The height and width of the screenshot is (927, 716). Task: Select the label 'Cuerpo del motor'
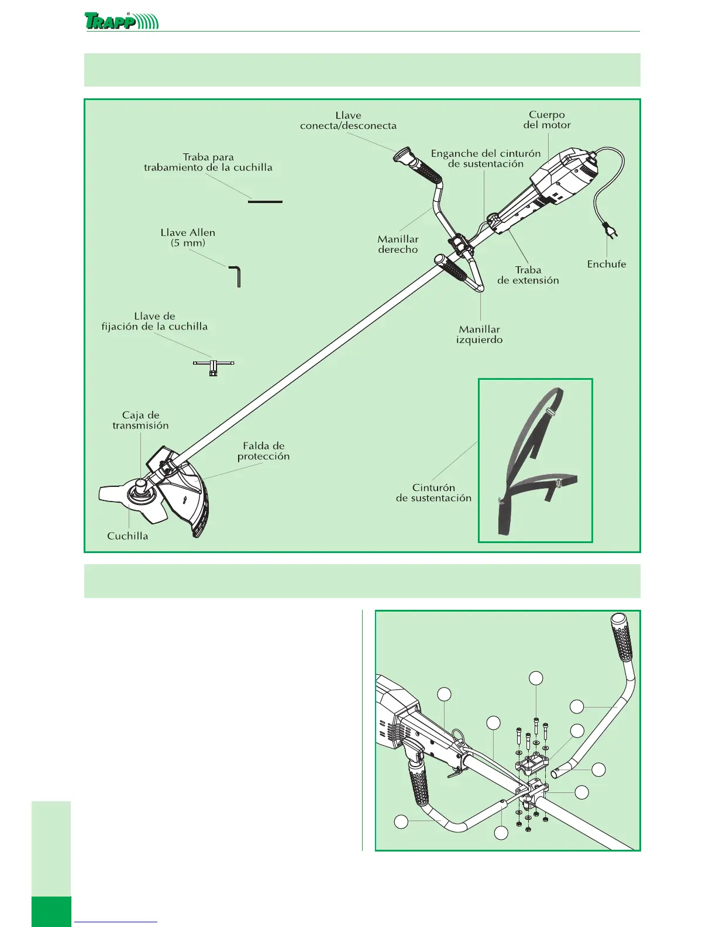[x=547, y=120]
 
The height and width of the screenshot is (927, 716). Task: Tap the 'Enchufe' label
[x=606, y=265]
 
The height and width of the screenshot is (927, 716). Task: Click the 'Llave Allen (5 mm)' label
[x=188, y=238]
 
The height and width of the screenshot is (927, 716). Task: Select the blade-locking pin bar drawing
[x=265, y=202]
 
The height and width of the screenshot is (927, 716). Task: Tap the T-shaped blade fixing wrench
[x=213, y=366]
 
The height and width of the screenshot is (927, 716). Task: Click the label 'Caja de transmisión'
[x=140, y=421]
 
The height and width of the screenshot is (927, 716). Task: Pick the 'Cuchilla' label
[x=128, y=536]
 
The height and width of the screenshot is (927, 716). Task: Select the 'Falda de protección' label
[x=263, y=451]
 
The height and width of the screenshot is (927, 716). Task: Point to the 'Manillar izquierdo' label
[x=479, y=335]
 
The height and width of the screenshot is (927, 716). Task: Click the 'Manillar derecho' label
[x=398, y=244]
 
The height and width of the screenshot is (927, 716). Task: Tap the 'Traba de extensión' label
[x=528, y=275]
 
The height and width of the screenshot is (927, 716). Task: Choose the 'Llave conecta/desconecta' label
[x=348, y=121]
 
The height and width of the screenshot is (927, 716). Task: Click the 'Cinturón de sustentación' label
[x=433, y=493]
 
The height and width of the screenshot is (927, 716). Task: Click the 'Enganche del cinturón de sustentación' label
[x=486, y=159]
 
